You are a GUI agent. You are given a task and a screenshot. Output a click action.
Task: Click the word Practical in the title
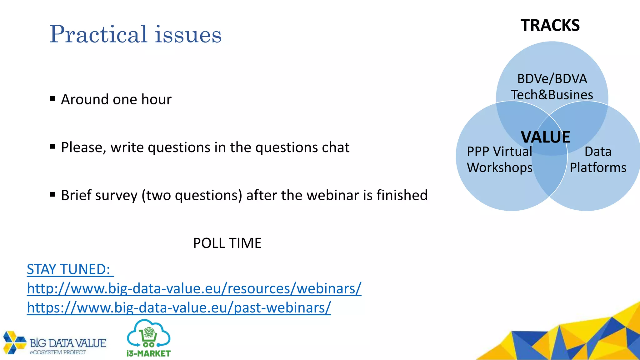point(98,34)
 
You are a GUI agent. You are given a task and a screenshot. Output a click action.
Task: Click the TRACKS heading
point(550,25)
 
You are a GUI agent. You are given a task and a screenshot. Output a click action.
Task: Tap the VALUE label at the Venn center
point(545,137)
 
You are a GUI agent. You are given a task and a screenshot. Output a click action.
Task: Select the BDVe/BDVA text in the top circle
point(552,79)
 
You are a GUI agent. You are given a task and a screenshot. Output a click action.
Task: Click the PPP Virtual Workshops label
point(499,159)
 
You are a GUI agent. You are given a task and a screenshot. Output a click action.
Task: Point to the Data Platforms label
point(598,159)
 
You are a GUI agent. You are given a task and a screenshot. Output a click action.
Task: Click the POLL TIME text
point(227,243)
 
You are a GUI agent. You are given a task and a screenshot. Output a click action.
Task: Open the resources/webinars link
point(194,288)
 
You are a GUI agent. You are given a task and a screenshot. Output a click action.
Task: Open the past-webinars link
point(179,307)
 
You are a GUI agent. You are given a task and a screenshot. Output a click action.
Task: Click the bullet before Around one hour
point(52,99)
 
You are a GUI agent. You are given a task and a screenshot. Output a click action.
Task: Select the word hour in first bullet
point(156,99)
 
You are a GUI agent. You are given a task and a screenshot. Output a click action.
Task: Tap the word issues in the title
point(188,34)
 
